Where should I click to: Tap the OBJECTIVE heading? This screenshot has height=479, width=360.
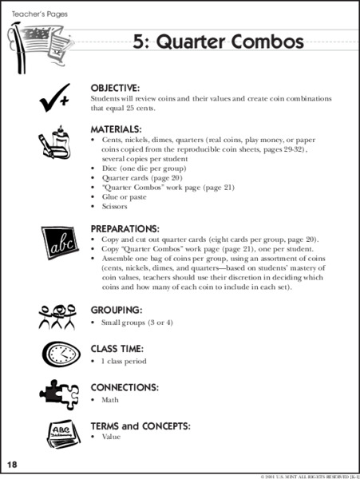(115, 87)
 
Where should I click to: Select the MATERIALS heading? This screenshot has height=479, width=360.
(117, 129)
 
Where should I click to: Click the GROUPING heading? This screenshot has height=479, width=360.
(117, 309)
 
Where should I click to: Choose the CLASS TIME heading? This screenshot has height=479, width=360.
(117, 348)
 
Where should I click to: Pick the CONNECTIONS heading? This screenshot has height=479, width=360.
(125, 387)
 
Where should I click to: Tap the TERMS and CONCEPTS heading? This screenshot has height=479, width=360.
(140, 426)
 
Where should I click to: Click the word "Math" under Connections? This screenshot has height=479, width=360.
(110, 399)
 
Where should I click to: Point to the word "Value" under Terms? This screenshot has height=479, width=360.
(111, 437)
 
